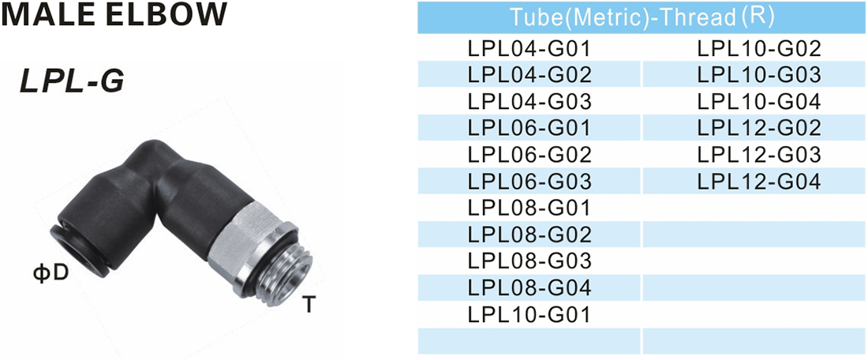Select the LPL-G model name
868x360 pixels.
72,81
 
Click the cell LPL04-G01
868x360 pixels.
529,50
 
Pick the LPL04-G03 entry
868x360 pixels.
529,102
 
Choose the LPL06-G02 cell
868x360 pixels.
529,155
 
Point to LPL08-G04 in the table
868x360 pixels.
529,287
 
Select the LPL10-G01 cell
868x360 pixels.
529,314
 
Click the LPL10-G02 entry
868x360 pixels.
759,50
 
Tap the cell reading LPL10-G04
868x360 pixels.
759,102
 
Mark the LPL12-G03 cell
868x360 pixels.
759,155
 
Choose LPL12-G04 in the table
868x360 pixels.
759,182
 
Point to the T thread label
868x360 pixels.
309,304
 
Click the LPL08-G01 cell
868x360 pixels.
529,208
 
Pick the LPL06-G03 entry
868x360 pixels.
529,182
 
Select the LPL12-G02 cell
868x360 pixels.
759,128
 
